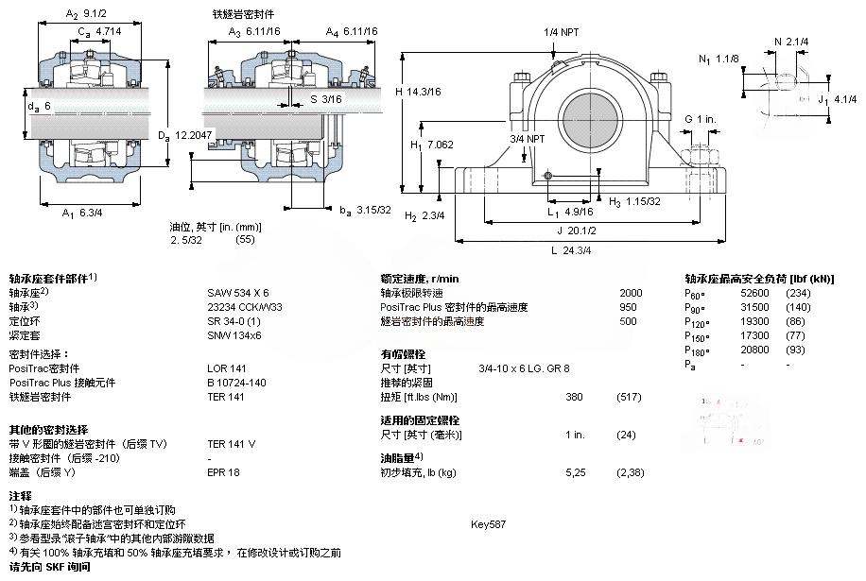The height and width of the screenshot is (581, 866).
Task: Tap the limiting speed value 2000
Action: [x=630, y=293]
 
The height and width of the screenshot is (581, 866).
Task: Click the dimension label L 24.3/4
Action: [x=571, y=250]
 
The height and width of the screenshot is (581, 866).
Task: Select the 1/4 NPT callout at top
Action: [x=562, y=32]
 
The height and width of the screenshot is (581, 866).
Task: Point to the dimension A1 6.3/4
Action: [x=82, y=214]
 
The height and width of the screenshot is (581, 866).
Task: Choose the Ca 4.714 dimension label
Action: [x=101, y=31]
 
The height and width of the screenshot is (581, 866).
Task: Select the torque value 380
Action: [x=573, y=397]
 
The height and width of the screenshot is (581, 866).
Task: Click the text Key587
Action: [x=488, y=523]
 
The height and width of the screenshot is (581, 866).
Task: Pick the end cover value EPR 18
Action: [x=223, y=471]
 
